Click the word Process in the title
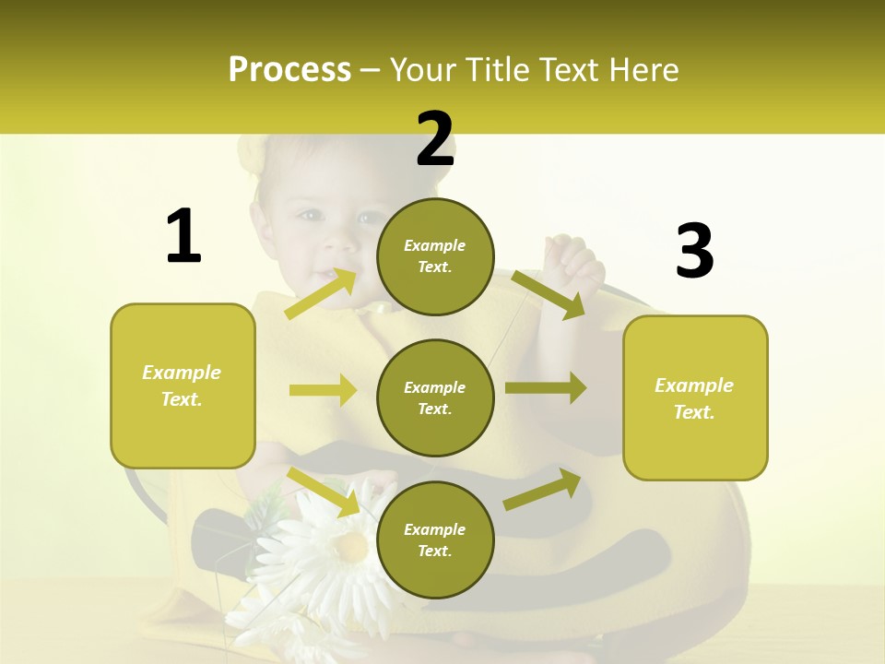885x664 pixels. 289,70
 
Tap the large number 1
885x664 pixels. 183,236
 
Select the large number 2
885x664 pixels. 435,139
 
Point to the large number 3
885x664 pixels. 694,252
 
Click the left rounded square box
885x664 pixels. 183,385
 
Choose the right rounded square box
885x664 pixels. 695,397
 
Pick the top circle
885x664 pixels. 435,256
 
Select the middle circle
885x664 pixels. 435,397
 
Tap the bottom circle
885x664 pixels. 435,539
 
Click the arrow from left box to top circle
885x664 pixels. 321,293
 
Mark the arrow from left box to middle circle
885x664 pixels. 323,390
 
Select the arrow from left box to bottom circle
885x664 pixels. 324,492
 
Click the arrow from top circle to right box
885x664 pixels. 548,294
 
